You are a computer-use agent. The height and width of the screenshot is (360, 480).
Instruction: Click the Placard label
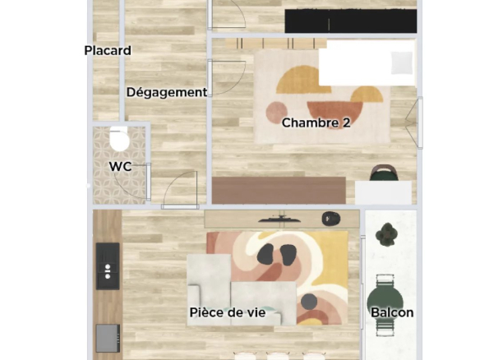coord(108,51)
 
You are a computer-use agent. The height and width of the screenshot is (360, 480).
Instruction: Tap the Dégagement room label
coord(166,93)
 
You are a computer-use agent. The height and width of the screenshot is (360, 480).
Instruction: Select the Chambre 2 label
coord(316,123)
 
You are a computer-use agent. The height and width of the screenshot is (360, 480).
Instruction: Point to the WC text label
coord(121,167)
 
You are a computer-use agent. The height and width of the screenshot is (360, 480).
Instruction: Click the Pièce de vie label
coord(228,312)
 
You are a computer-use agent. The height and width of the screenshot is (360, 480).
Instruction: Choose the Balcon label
coord(392,312)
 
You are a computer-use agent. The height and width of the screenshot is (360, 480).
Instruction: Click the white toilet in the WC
coord(120,140)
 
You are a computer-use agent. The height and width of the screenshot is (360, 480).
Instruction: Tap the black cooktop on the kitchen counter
coord(107,265)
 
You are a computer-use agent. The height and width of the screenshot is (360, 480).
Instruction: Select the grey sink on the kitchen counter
coord(108,337)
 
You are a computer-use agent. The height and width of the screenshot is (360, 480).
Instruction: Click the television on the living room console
coord(282,218)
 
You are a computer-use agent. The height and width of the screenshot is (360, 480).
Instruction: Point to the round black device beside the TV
coord(330,218)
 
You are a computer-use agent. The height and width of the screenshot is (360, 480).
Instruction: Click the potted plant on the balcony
coord(387,236)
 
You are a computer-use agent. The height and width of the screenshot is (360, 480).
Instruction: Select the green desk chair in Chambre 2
coord(383,173)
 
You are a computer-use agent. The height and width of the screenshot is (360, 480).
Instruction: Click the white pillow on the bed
coord(401,62)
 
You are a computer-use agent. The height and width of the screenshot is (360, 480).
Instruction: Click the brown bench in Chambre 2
coord(279,190)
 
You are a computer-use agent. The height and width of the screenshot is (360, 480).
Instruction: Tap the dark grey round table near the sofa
coord(308,302)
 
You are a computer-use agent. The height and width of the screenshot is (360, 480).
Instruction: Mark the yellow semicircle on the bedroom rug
coord(303,80)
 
